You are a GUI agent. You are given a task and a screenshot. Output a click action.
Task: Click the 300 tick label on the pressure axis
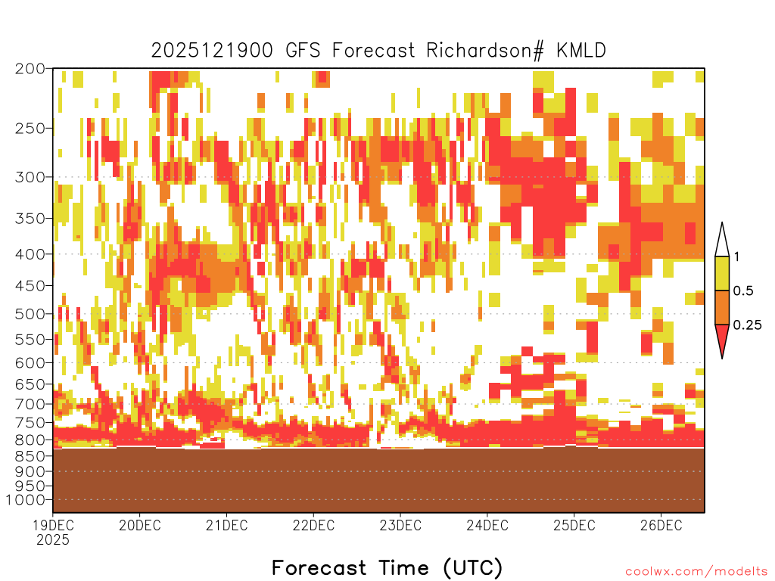(30, 177)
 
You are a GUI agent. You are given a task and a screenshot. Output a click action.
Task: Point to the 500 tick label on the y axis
(30, 314)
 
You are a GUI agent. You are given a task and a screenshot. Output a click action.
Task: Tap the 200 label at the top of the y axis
(30, 69)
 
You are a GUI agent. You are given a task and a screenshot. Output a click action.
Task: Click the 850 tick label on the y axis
(30, 455)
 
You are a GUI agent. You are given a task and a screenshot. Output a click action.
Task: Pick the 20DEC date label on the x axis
(140, 525)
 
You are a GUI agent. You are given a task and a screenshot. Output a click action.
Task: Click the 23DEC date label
(400, 525)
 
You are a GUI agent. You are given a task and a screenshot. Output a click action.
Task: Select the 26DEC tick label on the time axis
(661, 525)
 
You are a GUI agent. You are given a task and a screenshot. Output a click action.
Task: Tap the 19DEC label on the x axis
(53, 525)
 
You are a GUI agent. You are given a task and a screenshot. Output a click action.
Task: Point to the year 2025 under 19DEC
(53, 540)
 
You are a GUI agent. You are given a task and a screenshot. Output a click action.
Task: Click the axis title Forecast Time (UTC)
(387, 568)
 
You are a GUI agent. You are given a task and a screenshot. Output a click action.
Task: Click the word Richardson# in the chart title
(486, 51)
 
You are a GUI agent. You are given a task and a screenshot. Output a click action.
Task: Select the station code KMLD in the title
(580, 51)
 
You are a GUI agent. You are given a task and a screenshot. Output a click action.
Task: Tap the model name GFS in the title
(303, 51)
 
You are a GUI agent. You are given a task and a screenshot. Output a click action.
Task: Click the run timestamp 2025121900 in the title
(212, 51)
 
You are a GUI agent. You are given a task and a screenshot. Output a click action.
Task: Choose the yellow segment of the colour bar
(722, 273)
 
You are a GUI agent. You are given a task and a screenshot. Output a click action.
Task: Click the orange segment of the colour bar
(722, 307)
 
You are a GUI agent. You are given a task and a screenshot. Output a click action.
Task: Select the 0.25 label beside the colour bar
(747, 325)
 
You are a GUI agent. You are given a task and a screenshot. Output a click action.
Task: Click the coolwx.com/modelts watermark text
(696, 572)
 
